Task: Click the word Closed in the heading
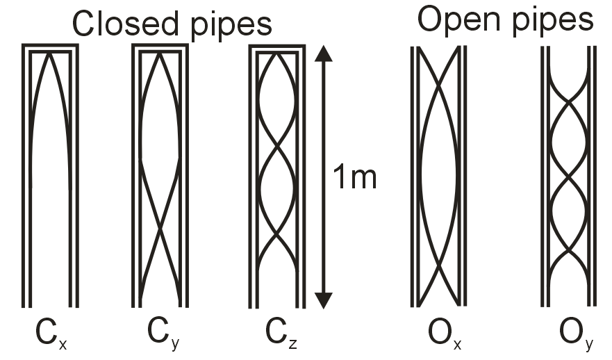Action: (x=122, y=24)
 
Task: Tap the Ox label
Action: (x=438, y=334)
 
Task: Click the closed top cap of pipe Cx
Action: (x=50, y=48)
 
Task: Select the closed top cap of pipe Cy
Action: (x=160, y=48)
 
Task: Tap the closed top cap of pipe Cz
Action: (x=278, y=48)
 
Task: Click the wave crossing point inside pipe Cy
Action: (x=160, y=228)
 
